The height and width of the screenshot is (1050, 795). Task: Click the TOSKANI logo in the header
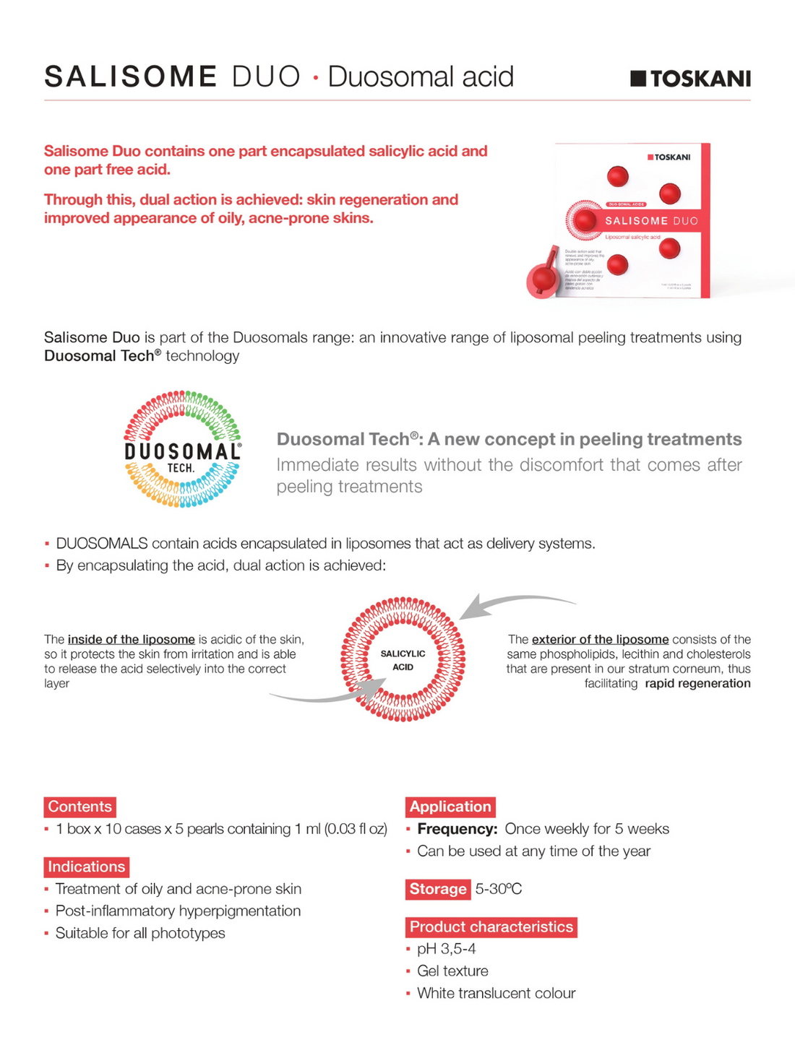pos(690,79)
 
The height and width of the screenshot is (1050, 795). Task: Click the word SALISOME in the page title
pos(131,77)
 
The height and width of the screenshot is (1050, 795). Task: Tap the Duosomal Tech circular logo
pos(182,449)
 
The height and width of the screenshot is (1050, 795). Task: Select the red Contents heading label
pos(79,807)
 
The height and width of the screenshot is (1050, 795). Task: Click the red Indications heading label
pos(87,867)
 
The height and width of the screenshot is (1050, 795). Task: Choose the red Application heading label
pos(450,807)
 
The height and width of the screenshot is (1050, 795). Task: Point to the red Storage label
pos(438,889)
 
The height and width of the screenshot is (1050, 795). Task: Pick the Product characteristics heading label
pos(491,927)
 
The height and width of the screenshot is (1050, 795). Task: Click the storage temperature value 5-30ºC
pos(499,889)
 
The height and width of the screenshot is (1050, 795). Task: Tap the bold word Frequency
pos(457,829)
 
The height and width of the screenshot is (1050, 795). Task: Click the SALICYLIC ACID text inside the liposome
pos(403,660)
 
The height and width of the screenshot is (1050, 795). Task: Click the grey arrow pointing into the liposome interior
pos(325,694)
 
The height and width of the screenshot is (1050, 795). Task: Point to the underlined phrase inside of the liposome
pos(131,639)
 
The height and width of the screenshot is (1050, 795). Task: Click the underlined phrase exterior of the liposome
pos(600,639)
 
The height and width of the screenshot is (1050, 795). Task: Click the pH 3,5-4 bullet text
pos(446,949)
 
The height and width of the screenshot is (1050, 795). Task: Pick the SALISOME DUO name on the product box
pos(651,221)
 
